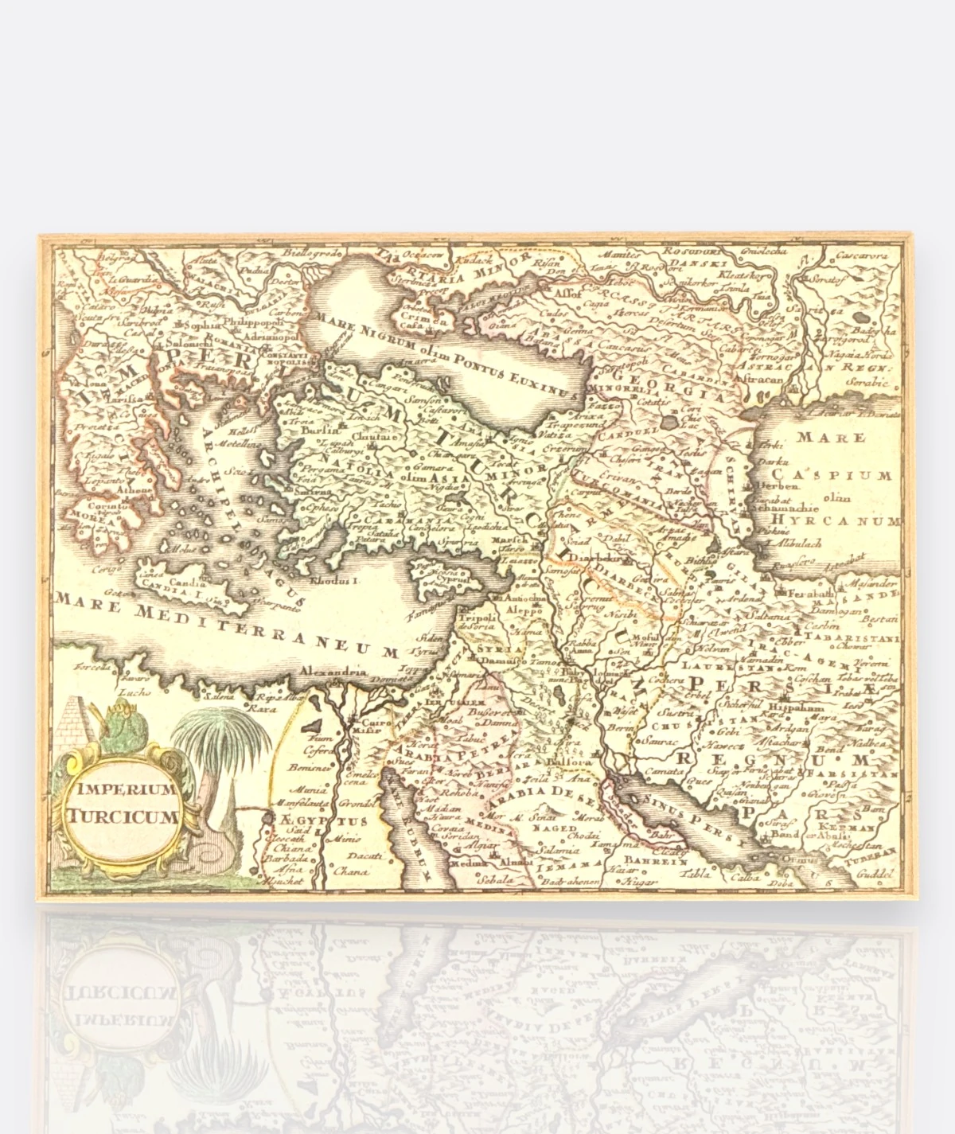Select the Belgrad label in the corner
[x=113, y=257]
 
